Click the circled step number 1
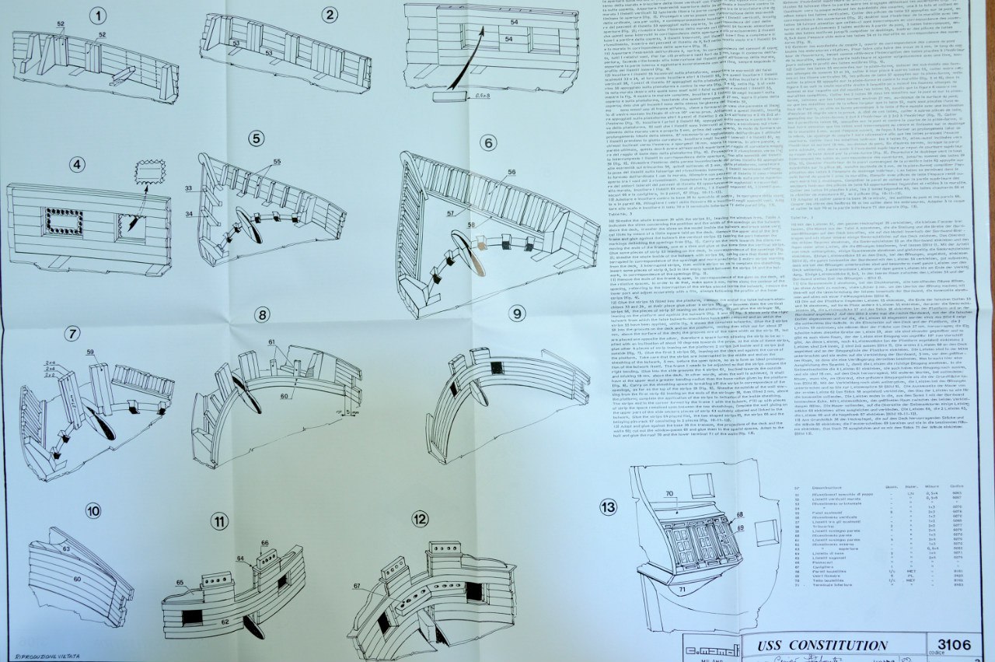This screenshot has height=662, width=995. (x=97, y=16)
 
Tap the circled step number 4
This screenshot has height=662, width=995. (x=76, y=164)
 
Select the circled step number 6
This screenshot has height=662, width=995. (x=488, y=142)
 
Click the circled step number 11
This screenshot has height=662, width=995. (x=220, y=521)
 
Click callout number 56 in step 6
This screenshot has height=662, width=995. (x=511, y=171)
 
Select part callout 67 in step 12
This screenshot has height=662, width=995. (x=358, y=586)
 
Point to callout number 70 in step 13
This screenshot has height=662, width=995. (x=669, y=493)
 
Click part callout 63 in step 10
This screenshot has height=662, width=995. (x=66, y=549)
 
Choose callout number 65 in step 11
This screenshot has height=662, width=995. (x=180, y=582)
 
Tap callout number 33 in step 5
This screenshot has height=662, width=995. (x=188, y=188)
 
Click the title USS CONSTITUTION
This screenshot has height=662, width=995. (x=811, y=645)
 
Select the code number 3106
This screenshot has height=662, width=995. (x=954, y=644)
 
